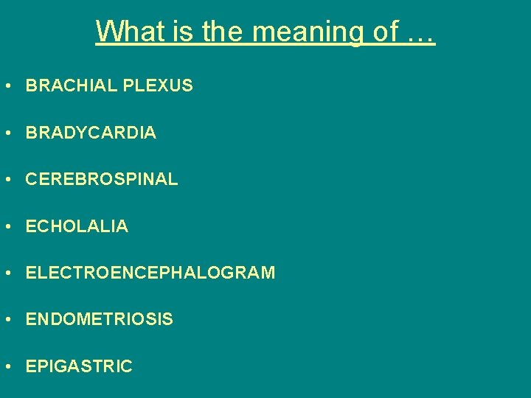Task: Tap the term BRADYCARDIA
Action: coord(91,133)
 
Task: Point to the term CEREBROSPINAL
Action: coord(102,180)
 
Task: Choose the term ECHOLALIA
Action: coord(77,227)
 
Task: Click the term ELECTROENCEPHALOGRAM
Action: coord(150,273)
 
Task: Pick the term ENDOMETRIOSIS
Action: coord(100,320)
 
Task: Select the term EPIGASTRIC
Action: coord(79,366)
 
